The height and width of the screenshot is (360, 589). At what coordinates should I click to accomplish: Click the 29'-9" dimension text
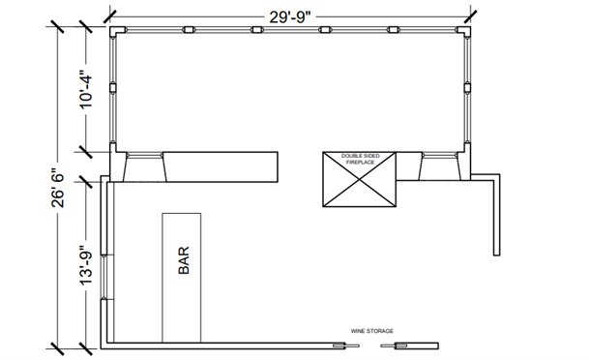[x=290, y=16]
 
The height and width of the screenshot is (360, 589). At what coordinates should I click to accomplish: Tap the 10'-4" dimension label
[x=86, y=92]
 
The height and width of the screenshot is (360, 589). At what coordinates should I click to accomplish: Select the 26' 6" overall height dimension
[x=58, y=188]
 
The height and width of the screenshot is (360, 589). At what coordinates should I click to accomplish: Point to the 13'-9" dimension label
[x=86, y=265]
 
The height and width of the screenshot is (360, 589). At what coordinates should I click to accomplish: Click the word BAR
[x=184, y=260]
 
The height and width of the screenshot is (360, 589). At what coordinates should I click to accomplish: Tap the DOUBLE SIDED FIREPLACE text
[x=360, y=159]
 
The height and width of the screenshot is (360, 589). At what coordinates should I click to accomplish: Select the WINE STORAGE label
[x=372, y=331]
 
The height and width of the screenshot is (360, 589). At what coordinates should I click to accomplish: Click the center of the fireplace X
[x=360, y=179]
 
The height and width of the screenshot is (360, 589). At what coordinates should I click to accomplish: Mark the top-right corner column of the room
[x=464, y=32]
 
